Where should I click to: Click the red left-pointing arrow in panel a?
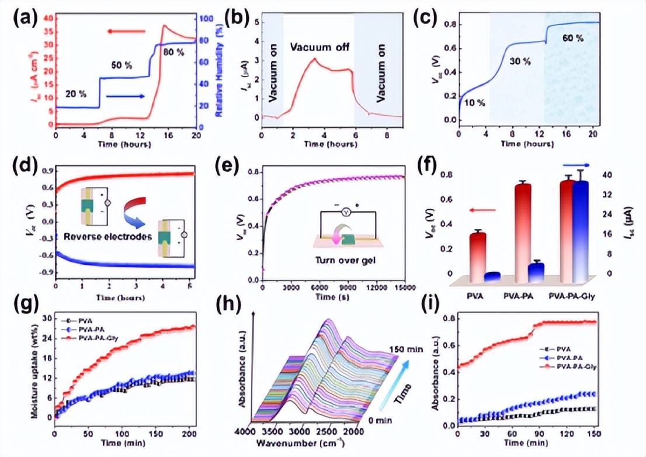[x=126, y=31]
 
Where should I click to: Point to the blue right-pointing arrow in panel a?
[x=126, y=96]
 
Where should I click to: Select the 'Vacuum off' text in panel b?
[x=319, y=47]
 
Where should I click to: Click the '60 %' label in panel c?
[x=573, y=38]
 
